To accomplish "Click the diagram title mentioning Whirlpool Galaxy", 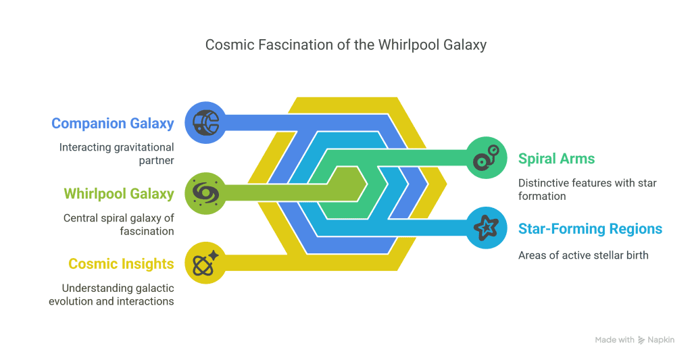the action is pyautogui.click(x=346, y=45).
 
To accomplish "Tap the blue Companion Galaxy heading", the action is pyautogui.click(x=113, y=124).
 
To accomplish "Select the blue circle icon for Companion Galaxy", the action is pyautogui.click(x=205, y=123).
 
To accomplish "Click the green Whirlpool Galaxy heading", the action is pyautogui.click(x=119, y=194).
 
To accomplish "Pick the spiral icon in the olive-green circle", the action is pyautogui.click(x=205, y=193).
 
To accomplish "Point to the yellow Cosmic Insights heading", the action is pyautogui.click(x=121, y=264).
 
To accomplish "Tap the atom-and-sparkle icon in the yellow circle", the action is pyautogui.click(x=205, y=263).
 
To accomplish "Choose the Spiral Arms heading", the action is pyautogui.click(x=557, y=158).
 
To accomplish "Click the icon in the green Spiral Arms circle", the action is pyautogui.click(x=487, y=157).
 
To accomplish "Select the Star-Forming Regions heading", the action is pyautogui.click(x=590, y=229).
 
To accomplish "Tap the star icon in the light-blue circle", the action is pyautogui.click(x=487, y=228).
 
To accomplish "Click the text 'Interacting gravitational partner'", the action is pyautogui.click(x=116, y=153).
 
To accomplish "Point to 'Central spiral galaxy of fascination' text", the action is pyautogui.click(x=118, y=224).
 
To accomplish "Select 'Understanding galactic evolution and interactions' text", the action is pyautogui.click(x=112, y=294).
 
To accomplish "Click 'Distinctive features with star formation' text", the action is pyautogui.click(x=587, y=189).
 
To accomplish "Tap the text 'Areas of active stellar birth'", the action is pyautogui.click(x=583, y=255).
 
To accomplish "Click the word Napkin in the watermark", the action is pyautogui.click(x=661, y=340).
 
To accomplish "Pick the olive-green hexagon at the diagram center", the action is pyautogui.click(x=347, y=184).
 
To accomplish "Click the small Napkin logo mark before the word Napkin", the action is pyautogui.click(x=641, y=340).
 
